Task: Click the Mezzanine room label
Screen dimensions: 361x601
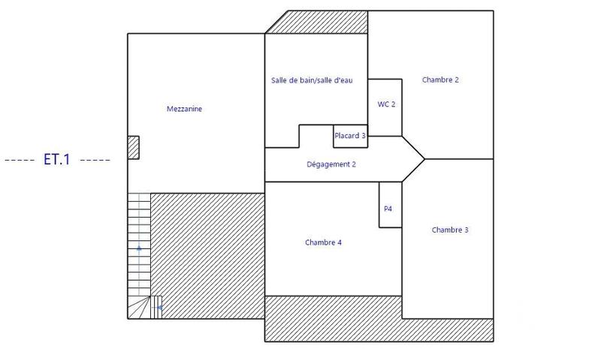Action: pos(184,109)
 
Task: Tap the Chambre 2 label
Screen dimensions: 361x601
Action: pos(440,80)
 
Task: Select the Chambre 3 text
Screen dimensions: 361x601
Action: pos(450,230)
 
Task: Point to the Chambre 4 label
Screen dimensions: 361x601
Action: pos(324,242)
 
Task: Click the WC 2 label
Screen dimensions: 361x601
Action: pos(386,104)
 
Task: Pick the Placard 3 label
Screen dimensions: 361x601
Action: pos(350,136)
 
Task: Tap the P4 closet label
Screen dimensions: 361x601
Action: pos(388,209)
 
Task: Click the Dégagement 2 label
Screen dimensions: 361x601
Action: pos(331,164)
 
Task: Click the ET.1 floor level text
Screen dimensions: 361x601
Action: pos(56,160)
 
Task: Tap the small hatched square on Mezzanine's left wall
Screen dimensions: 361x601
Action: pos(133,146)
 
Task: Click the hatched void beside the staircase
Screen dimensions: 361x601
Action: pos(207,255)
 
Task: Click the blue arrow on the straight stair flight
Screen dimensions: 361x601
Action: pos(139,248)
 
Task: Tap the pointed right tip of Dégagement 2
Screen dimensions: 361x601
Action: pos(422,159)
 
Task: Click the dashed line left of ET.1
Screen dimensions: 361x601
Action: pos(19,161)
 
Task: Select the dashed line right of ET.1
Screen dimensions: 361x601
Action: pos(95,161)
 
